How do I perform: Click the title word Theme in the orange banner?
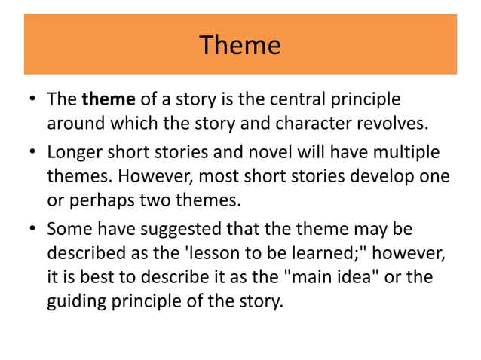pyautogui.click(x=240, y=46)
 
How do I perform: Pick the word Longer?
pyautogui.click(x=72, y=153)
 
